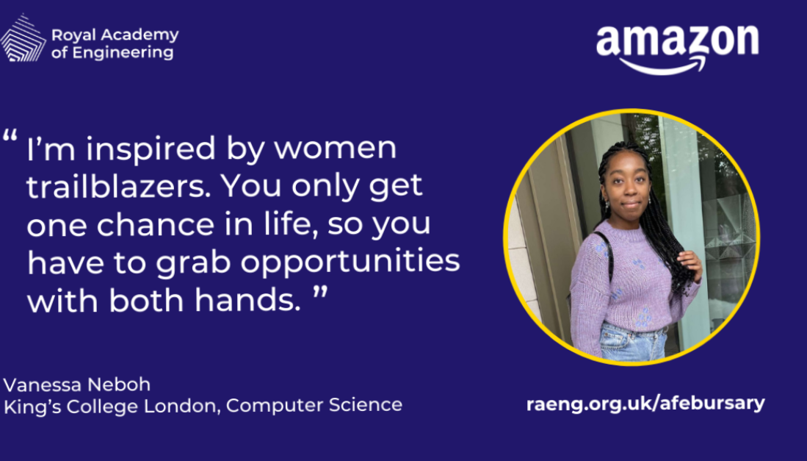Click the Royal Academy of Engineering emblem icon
pyautogui.click(x=23, y=39)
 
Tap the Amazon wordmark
pyautogui.click(x=677, y=41)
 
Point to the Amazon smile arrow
pyautogui.click(x=662, y=65)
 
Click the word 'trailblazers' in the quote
pyautogui.click(x=119, y=186)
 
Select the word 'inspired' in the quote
pyautogui.click(x=151, y=149)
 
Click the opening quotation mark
pyautogui.click(x=10, y=137)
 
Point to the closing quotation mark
pyautogui.click(x=320, y=293)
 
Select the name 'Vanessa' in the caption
pyautogui.click(x=42, y=385)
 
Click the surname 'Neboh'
pyautogui.click(x=119, y=385)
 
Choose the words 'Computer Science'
pyautogui.click(x=314, y=405)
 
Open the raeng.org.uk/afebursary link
pyautogui.click(x=645, y=404)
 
